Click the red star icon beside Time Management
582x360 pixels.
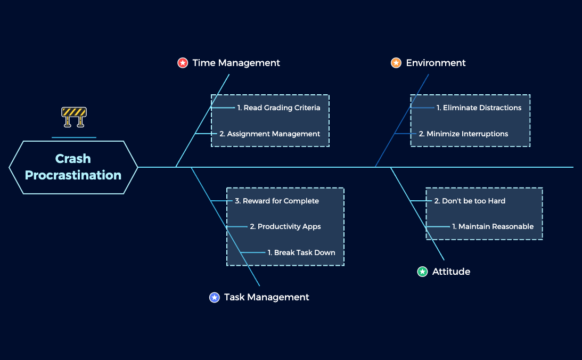tap(183, 63)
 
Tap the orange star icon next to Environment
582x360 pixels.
tap(396, 63)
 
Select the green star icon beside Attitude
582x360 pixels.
tap(422, 272)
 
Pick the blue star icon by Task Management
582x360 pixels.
tap(215, 297)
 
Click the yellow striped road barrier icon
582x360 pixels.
tap(73, 117)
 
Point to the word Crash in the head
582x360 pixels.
tap(73, 159)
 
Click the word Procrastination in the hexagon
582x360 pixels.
tap(73, 175)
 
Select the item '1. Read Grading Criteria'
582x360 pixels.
tap(278, 108)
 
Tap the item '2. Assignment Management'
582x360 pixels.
tap(269, 134)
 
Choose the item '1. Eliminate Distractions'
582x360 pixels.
tap(479, 108)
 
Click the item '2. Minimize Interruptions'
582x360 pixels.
tap(463, 134)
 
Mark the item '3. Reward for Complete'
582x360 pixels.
tap(277, 201)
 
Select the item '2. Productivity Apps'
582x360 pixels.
tap(285, 226)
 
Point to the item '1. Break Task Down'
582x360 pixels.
tap(301, 252)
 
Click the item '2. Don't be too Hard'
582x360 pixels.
tap(470, 201)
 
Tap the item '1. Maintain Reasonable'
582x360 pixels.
tap(493, 226)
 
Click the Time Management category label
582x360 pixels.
tap(236, 63)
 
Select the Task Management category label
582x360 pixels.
tap(266, 297)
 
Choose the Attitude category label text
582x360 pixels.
tap(451, 272)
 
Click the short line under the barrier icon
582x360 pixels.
tap(73, 137)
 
